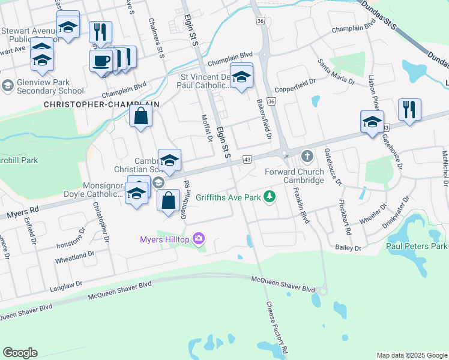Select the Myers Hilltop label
(x=164, y=240)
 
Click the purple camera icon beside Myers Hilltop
(x=199, y=240)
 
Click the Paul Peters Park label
(x=417, y=246)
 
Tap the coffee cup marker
(x=101, y=60)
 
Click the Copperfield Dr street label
(x=295, y=89)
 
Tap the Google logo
(x=20, y=353)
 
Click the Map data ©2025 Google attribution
(x=411, y=355)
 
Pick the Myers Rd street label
(x=23, y=212)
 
